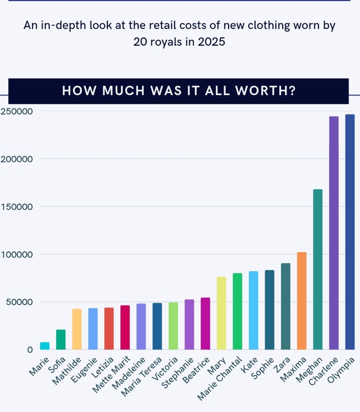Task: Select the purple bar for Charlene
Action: [334, 233]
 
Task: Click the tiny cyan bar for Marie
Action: [45, 346]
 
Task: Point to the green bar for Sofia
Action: [61, 340]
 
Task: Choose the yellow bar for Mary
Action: [221, 313]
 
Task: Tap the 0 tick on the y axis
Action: [30, 349]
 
